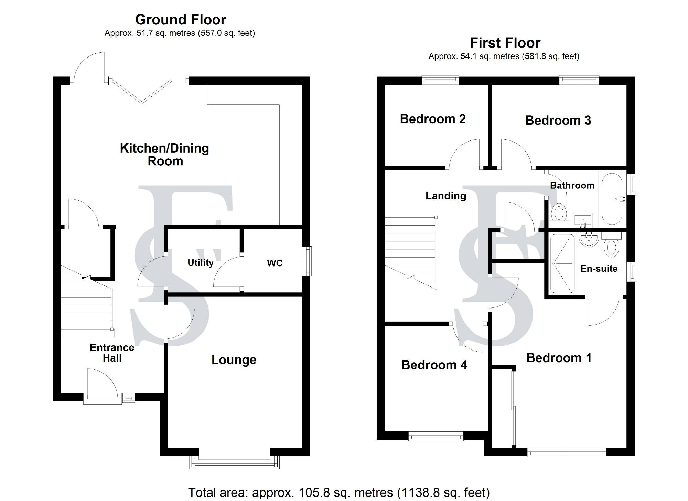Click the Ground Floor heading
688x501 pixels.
pos(181,20)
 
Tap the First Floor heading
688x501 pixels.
pos(505,43)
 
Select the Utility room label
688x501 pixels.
pos(200,263)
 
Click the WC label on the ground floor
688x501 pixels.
pos(275,263)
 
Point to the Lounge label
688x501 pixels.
pos(234,360)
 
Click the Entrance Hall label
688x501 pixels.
pos(112,353)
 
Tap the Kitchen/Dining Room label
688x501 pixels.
pos(164,155)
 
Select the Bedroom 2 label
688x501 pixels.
pos(432,119)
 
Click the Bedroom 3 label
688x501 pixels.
pos(558,120)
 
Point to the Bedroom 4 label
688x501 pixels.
pos(434,365)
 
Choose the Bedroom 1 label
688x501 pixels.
pos(559,358)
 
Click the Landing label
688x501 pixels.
pos(445,196)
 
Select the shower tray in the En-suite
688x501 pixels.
pos(562,264)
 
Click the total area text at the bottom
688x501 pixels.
pos(339,493)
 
